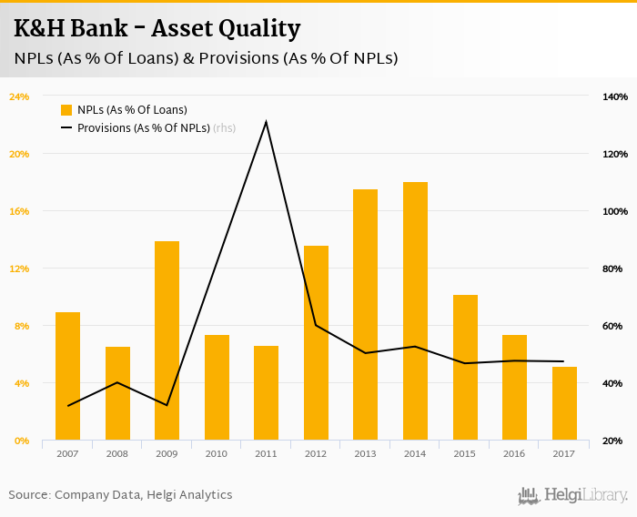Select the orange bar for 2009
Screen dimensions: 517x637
click(167, 341)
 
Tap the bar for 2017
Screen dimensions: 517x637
click(564, 404)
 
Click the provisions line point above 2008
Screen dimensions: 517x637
click(117, 382)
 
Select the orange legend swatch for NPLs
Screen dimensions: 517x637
click(66, 110)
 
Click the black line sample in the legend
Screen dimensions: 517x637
click(66, 128)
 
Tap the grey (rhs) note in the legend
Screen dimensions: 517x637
click(224, 128)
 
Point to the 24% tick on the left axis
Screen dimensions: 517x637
click(19, 96)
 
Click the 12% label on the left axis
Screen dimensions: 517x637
click(19, 269)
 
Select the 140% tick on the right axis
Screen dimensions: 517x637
click(615, 96)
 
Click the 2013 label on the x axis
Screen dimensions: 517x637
click(365, 453)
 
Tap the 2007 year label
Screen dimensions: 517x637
click(67, 453)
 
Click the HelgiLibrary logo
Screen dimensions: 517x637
click(573, 495)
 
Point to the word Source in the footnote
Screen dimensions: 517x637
click(29, 495)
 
